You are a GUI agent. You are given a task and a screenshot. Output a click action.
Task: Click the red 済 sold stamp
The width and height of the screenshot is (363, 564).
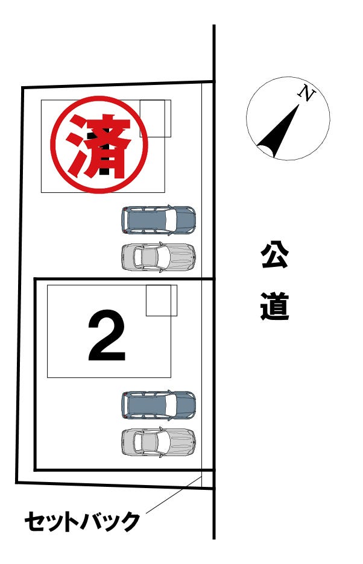[99, 145]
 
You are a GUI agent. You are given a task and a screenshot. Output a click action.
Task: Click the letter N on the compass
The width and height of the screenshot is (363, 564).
[306, 93]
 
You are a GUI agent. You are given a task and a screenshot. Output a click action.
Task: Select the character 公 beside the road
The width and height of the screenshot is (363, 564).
[274, 255]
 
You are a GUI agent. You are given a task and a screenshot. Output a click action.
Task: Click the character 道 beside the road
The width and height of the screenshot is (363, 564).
[274, 307]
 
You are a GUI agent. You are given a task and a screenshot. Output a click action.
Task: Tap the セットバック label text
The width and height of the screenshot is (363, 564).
[82, 522]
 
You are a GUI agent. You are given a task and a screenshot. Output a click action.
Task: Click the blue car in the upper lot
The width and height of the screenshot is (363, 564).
[159, 220]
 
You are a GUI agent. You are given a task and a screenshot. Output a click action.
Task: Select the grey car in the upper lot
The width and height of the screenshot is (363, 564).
[159, 257]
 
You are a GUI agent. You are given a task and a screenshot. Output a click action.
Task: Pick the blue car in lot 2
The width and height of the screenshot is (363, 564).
[159, 405]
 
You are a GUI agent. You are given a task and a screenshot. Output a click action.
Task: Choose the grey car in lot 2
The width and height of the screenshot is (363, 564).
[159, 442]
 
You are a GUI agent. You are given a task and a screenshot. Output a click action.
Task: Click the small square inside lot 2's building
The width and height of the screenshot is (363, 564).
[162, 300]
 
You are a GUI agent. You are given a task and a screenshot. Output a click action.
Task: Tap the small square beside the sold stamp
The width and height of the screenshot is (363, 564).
[155, 118]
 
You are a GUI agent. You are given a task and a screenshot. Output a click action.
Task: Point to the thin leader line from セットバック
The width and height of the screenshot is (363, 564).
[173, 495]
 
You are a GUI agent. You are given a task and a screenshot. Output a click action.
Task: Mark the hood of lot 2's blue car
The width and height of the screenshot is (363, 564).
[186, 405]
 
